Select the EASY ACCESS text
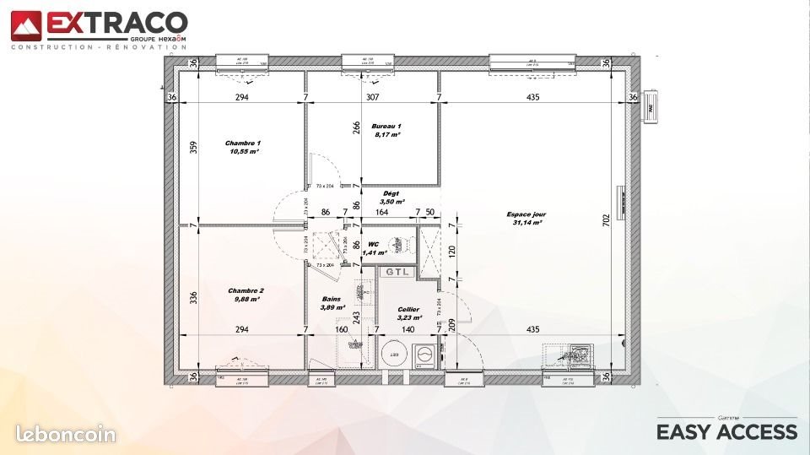pos(726,431)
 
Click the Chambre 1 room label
pos(243,144)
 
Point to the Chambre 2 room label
pos(244,290)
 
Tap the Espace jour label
pos(524,214)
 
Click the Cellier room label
pos(408,310)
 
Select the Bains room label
pos(332,300)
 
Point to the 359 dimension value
pos(193,146)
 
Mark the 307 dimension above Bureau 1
pos(372,97)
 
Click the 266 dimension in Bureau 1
pos(356,128)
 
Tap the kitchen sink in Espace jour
pos(580,354)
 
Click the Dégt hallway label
pos(391,194)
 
